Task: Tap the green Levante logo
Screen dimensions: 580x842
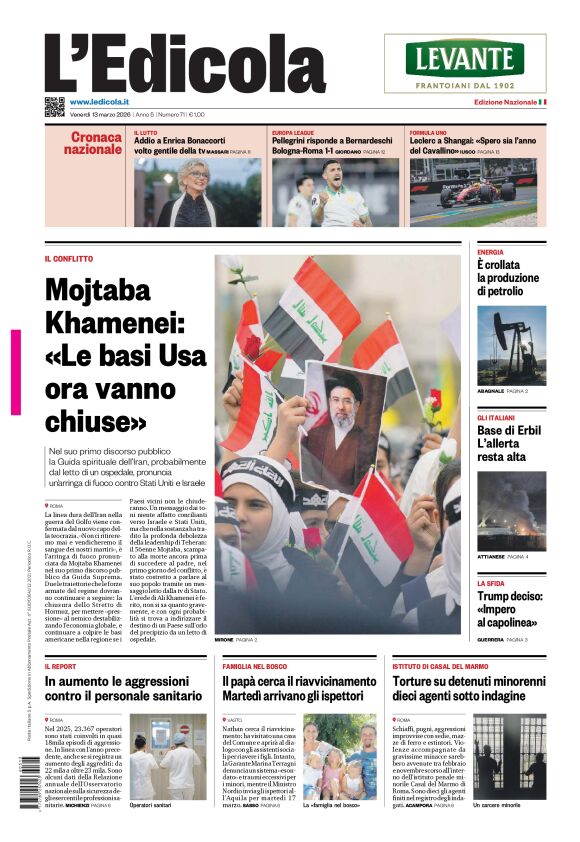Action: tap(465, 59)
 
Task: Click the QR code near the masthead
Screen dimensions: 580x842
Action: tap(54, 106)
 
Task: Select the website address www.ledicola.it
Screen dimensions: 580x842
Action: tap(104, 102)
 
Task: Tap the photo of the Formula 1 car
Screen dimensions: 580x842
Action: tap(474, 187)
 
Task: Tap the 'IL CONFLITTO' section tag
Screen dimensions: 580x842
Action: tap(69, 259)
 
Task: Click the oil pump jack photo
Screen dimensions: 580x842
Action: tap(511, 345)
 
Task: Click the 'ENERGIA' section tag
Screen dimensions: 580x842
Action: tap(490, 253)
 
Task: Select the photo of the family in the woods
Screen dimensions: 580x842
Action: tap(340, 756)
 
